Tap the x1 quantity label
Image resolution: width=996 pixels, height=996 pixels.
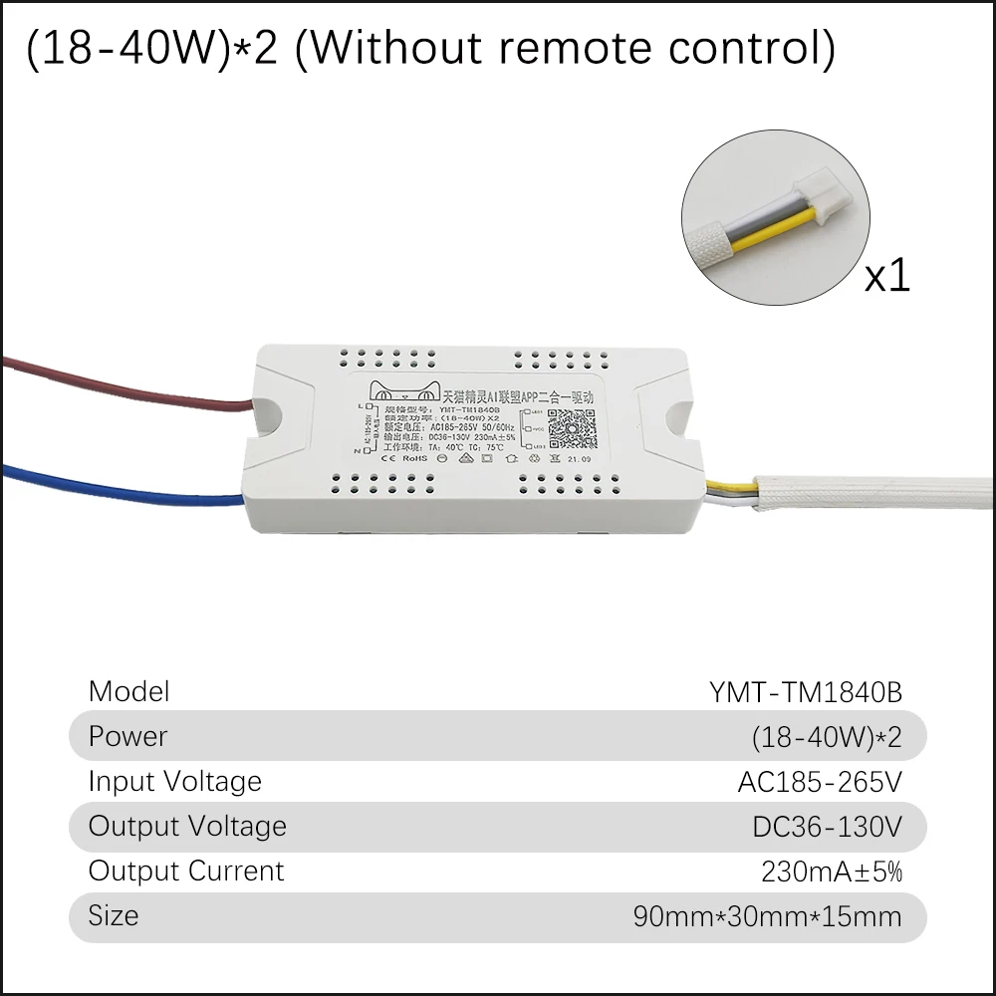[x=886, y=275]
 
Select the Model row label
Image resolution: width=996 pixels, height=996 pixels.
[x=128, y=691]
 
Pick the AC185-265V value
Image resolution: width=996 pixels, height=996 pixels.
[x=820, y=782]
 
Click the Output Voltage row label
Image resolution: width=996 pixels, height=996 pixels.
[x=187, y=826]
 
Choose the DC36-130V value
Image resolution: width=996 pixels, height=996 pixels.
[x=827, y=827]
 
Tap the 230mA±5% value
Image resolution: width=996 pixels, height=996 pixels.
[x=832, y=871]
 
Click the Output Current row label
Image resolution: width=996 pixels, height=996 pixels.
[x=186, y=871]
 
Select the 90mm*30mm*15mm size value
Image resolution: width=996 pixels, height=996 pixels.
[x=767, y=916]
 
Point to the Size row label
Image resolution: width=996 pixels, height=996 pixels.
[x=113, y=915]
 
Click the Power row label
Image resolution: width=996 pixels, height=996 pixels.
[x=127, y=736]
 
